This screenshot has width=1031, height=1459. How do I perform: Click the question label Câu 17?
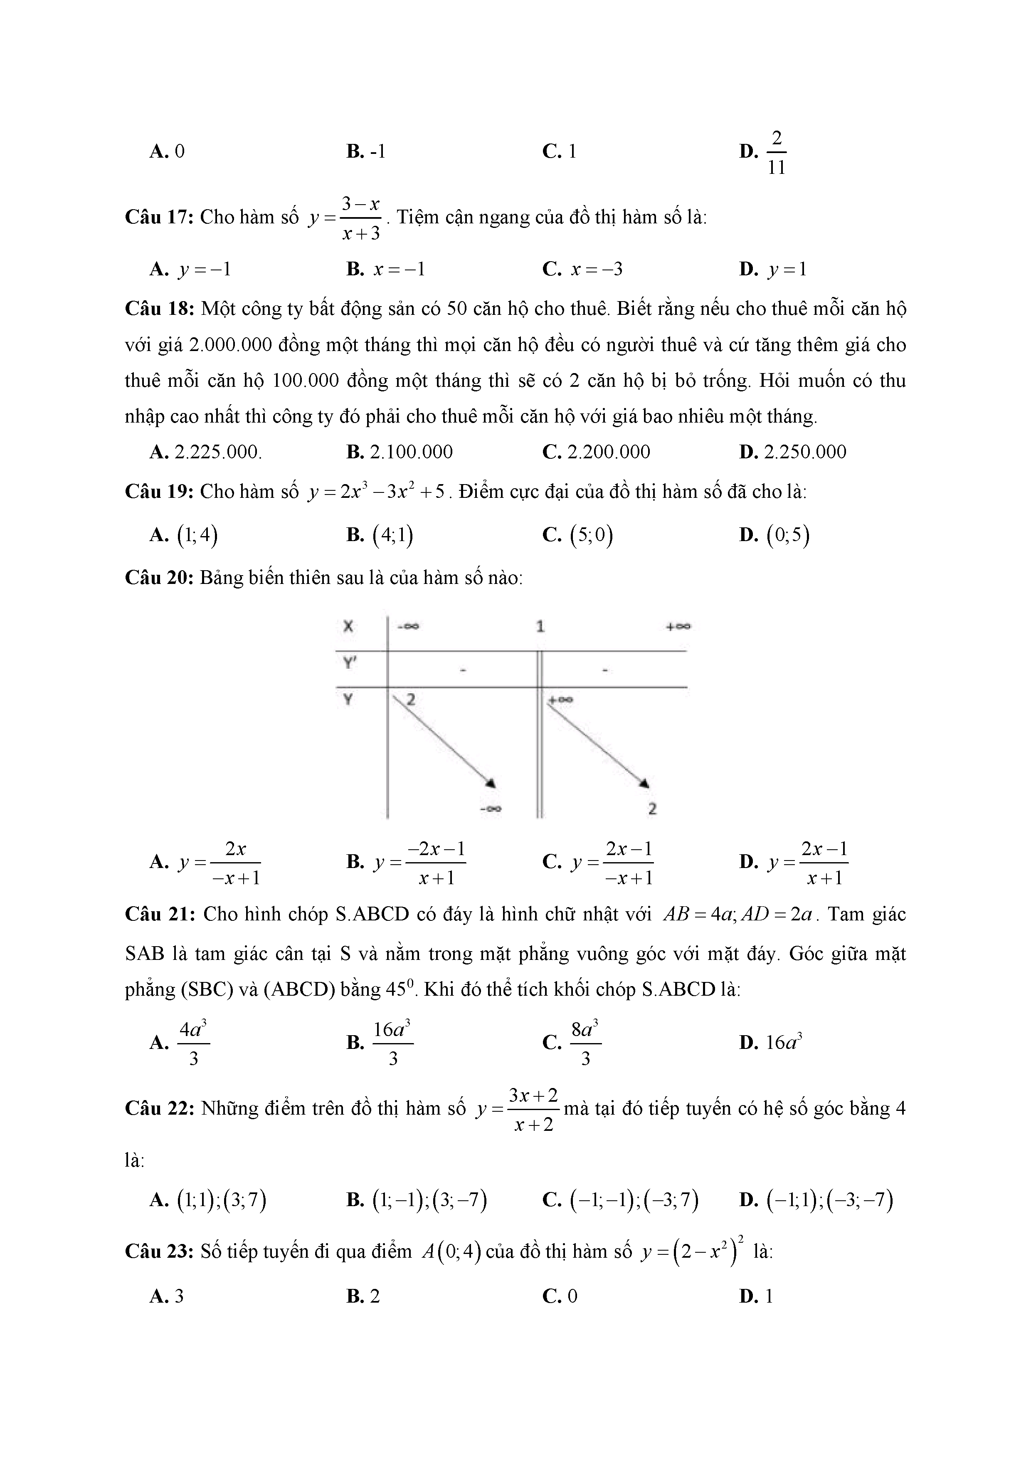coord(159,218)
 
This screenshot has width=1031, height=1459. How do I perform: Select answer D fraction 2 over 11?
coord(776,153)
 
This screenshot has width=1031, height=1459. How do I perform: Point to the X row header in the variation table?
coord(348,626)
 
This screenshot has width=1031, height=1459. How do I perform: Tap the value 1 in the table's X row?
coord(540,626)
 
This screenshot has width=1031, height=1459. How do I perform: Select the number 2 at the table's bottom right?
coord(652,809)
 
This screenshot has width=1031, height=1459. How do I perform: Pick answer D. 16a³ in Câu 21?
coord(783,1042)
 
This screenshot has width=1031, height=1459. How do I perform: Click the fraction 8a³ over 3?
coord(585,1043)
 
